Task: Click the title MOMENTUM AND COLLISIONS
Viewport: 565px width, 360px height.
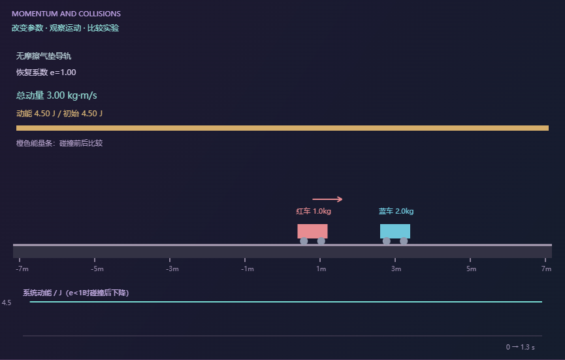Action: click(66, 14)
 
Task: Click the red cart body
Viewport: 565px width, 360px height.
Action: click(312, 231)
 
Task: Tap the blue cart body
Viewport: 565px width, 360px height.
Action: click(395, 231)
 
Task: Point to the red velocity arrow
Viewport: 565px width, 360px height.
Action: click(327, 199)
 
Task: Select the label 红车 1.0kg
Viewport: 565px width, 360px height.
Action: click(314, 211)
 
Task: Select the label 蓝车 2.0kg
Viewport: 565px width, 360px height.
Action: click(396, 211)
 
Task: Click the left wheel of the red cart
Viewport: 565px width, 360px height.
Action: click(304, 241)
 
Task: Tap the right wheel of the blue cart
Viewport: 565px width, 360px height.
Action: click(404, 241)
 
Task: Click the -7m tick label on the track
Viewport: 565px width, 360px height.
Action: click(22, 269)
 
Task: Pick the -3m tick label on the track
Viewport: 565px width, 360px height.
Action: click(172, 269)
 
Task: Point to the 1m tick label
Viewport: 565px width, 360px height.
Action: click(321, 269)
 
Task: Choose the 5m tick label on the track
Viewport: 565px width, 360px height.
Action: click(472, 269)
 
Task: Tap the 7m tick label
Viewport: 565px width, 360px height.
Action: click(546, 269)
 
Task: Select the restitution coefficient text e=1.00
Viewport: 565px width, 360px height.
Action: click(63, 73)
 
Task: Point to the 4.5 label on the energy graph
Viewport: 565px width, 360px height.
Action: click(7, 303)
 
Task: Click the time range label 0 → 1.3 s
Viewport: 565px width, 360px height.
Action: click(521, 347)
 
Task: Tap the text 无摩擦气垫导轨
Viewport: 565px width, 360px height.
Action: click(44, 56)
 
